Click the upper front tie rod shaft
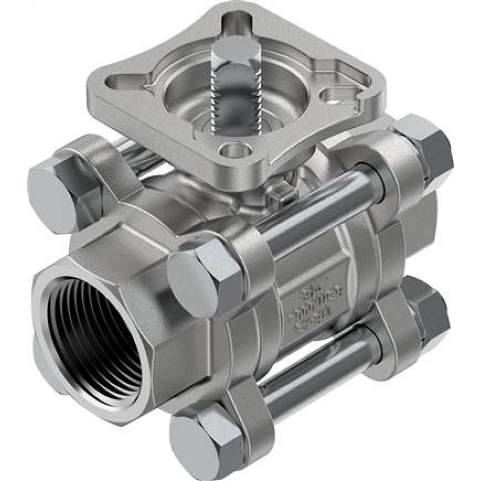(317, 212)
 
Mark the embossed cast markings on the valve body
(308, 308)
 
